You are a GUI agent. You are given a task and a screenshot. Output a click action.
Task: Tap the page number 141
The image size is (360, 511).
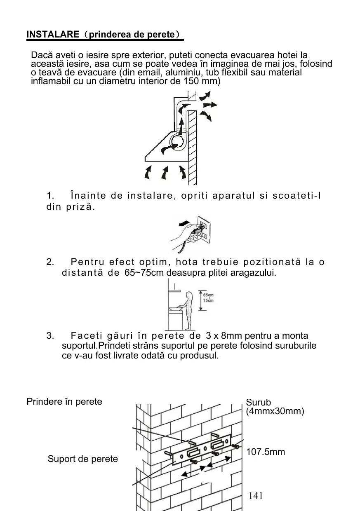coord(256,496)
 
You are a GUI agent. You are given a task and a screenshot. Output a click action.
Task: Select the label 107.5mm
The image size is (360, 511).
coord(266,452)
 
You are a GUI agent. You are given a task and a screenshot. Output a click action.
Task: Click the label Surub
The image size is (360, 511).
coord(259,402)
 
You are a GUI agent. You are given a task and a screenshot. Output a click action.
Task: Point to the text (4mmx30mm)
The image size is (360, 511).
coord(275,411)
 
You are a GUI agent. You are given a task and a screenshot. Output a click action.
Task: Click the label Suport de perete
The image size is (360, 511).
coord(82,459)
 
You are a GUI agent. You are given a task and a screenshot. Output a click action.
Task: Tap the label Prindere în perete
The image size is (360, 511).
coord(64,401)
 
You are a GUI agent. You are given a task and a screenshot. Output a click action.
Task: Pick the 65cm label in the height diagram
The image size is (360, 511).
coord(209,295)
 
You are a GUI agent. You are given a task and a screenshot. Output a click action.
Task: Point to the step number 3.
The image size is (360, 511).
coord(50,336)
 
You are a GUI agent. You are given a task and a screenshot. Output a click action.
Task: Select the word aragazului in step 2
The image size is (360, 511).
coord(255,273)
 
